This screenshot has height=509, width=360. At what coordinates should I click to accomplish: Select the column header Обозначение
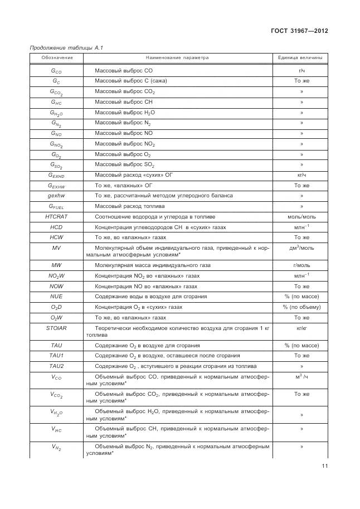[x=56, y=58]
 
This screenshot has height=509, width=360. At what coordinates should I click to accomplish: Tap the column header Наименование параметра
[x=177, y=58]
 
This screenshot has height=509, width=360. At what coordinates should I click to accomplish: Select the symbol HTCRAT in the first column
[x=56, y=216]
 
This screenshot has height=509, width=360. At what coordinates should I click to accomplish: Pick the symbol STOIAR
[x=56, y=328]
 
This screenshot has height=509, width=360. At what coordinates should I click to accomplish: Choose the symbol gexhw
[x=56, y=196]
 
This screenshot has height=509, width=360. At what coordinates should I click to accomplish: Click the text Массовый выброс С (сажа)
[x=131, y=81]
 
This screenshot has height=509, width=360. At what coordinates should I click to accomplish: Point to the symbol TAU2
[x=56, y=366]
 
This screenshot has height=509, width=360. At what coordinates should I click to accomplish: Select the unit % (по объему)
[x=301, y=307]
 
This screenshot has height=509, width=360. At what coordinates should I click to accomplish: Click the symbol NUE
[x=56, y=296]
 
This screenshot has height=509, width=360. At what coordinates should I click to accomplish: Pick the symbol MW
[x=56, y=265]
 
